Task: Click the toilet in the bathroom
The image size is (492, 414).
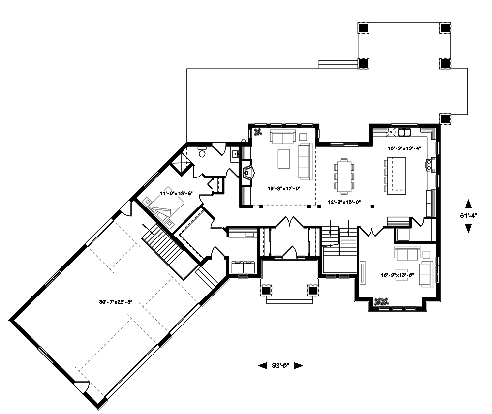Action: (x=202, y=151)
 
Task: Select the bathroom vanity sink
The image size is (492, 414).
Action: (x=236, y=154)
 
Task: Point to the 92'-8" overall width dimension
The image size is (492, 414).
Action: (x=280, y=365)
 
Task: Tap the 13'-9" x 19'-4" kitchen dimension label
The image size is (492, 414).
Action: (x=404, y=148)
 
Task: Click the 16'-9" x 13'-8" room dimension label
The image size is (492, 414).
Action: (x=398, y=275)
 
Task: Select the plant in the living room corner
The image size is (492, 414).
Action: (x=257, y=131)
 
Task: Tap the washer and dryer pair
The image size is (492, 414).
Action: (x=243, y=267)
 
